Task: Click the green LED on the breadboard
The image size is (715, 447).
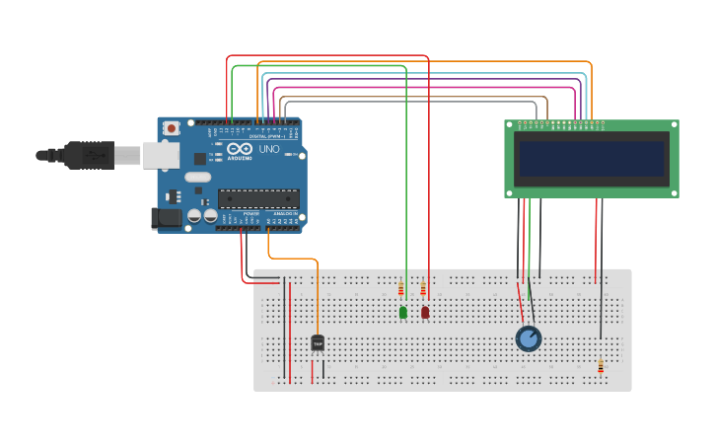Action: point(403,313)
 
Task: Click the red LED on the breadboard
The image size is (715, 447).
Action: point(425,313)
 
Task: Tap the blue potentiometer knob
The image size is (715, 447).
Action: point(529,338)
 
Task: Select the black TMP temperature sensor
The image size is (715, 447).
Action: point(318,343)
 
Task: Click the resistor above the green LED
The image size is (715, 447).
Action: point(401,289)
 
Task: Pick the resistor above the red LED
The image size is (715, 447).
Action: point(423,289)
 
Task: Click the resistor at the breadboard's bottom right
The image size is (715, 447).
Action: point(601,366)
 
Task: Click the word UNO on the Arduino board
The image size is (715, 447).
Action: point(269,150)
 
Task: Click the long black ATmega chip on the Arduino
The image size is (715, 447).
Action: point(258,197)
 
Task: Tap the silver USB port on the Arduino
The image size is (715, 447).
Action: point(161,155)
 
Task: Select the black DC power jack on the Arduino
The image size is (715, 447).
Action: point(165,218)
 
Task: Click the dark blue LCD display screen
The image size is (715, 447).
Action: point(592,159)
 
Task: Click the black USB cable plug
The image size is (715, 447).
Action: point(89,155)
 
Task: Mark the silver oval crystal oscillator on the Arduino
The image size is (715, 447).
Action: point(198,178)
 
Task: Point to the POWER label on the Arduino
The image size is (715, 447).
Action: point(251,213)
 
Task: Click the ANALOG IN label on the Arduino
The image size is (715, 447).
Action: point(284,213)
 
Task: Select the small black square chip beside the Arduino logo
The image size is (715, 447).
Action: point(200,158)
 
